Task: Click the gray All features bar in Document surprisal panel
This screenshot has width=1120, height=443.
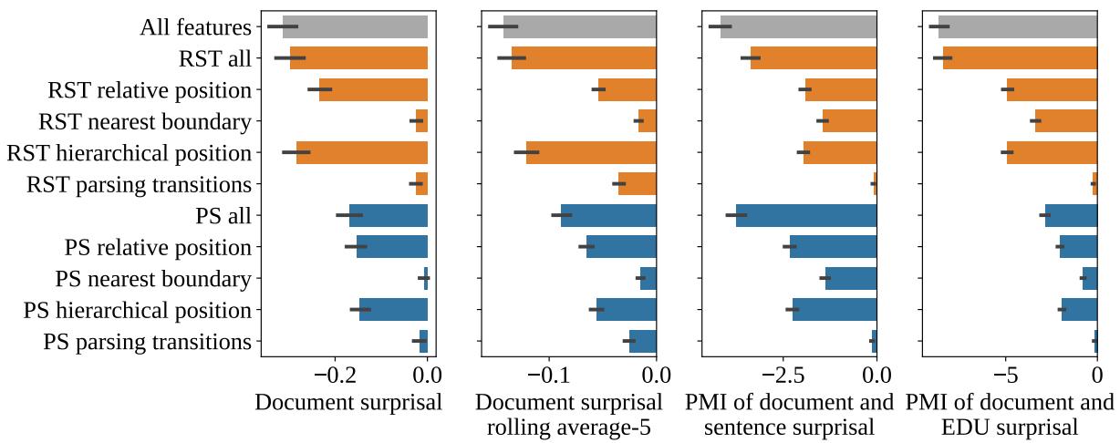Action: coord(356,26)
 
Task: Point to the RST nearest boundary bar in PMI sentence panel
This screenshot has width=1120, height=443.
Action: coord(849,121)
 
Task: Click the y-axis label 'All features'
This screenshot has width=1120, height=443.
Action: coord(194,27)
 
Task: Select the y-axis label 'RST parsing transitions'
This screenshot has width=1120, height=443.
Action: coord(139,185)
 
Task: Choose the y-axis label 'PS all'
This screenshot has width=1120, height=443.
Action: coord(223,216)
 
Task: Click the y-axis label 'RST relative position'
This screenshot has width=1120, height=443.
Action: coord(149,90)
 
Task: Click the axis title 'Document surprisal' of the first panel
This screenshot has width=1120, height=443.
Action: coord(348,403)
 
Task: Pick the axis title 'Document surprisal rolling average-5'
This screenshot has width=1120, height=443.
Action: coord(568,415)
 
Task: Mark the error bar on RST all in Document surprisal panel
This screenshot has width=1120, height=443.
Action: coord(289,58)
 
